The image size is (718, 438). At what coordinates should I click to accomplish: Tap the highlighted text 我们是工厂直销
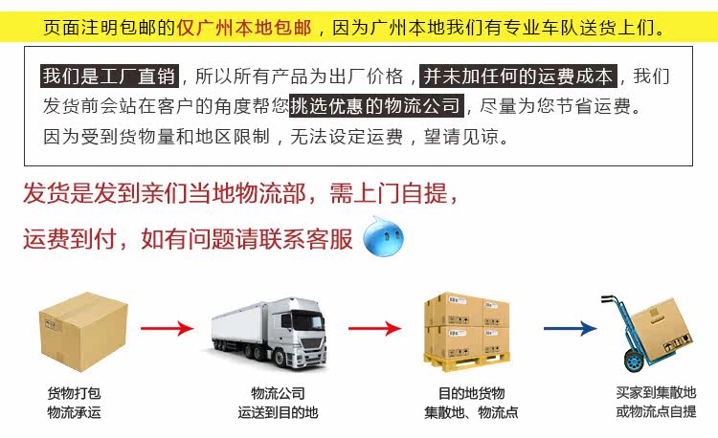[x=109, y=77]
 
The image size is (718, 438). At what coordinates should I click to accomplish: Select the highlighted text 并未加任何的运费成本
[x=520, y=77]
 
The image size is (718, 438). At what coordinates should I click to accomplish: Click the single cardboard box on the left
[x=83, y=329]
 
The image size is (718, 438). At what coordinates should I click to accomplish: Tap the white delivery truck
[x=271, y=330]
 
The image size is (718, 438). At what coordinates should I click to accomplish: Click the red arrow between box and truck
[x=168, y=329]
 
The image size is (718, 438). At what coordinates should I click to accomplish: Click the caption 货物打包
[x=74, y=393]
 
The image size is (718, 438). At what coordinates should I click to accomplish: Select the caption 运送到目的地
[x=278, y=412]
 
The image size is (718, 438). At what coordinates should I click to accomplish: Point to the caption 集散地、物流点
[x=471, y=412]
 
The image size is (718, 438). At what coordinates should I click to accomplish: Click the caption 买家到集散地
[x=656, y=392]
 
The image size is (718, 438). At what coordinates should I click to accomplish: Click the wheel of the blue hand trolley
[x=631, y=362]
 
